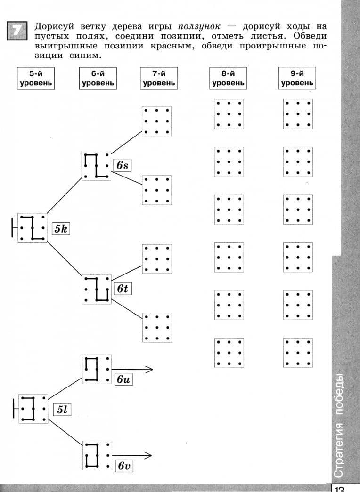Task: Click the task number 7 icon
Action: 17,31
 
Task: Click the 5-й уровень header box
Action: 36,79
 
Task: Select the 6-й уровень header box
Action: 98,79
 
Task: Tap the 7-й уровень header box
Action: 159,79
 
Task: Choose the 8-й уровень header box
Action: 228,79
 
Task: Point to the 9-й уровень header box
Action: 297,79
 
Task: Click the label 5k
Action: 61,229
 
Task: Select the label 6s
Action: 122,165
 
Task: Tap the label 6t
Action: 122,288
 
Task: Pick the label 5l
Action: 62,410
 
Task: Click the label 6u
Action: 123,379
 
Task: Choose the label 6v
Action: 123,466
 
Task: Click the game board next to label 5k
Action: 32,228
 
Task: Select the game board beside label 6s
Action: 97,166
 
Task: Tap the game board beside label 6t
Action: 97,289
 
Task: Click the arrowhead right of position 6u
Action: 150,369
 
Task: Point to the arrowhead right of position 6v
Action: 149,455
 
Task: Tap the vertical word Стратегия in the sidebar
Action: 339,450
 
